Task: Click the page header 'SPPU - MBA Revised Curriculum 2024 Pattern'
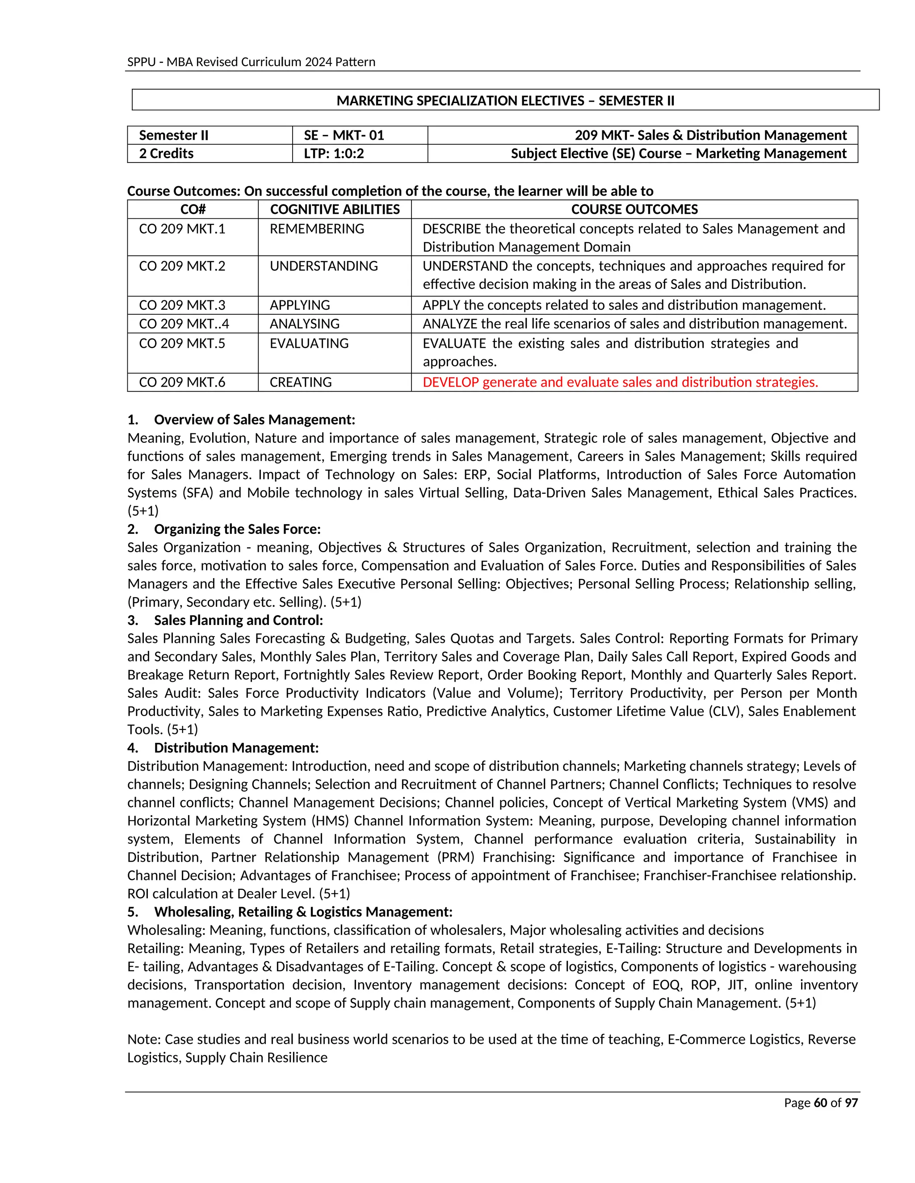(x=251, y=62)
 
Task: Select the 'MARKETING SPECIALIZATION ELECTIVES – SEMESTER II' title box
(x=505, y=101)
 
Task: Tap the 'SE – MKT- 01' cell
(x=344, y=135)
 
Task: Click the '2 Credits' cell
(x=166, y=153)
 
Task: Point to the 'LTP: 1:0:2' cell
(x=333, y=153)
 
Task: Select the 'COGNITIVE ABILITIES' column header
(x=335, y=210)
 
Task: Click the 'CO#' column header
(x=193, y=210)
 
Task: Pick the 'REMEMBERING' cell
(x=317, y=229)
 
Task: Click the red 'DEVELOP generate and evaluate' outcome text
(x=620, y=383)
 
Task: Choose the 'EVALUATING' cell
(x=309, y=343)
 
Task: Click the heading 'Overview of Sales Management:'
(x=254, y=420)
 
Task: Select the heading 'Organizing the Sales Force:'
(x=237, y=529)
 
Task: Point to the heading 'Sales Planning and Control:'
(x=238, y=620)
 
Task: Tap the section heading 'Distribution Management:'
(x=236, y=748)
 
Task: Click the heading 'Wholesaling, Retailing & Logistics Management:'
(x=303, y=912)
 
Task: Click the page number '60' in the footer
(x=820, y=1103)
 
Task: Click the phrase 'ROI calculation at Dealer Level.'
(x=221, y=894)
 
